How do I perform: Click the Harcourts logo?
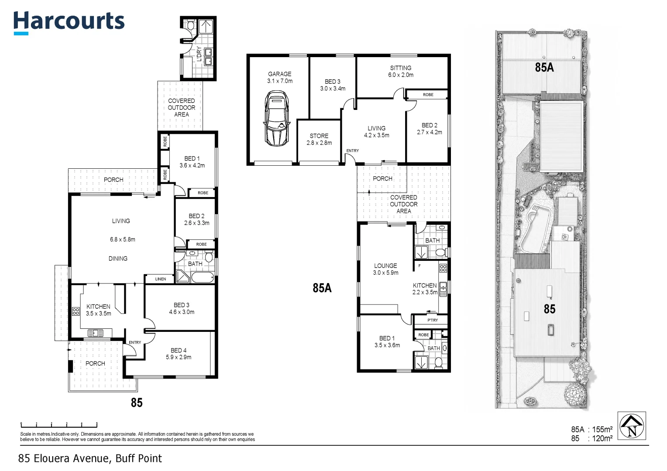tap(69, 23)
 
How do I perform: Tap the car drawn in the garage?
tap(277, 119)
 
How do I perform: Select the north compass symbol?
tap(632, 426)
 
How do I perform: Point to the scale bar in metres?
tap(59, 425)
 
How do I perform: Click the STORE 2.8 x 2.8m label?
tap(319, 139)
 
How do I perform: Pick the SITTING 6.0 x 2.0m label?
tap(400, 72)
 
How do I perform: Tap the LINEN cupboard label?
tap(161, 279)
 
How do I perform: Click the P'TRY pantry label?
tap(433, 320)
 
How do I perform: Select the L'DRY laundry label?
tap(199, 54)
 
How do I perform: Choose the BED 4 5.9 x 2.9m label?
tap(179, 354)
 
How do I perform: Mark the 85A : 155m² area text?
tap(591, 429)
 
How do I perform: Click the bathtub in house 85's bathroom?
tap(203, 277)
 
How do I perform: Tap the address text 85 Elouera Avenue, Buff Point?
tap(90, 458)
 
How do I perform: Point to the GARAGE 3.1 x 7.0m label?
tap(280, 77)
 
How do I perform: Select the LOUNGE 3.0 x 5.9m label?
tap(385, 269)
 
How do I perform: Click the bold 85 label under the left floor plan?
tap(137, 403)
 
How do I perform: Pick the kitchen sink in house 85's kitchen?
tap(95, 333)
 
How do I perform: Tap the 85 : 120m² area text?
tap(591, 438)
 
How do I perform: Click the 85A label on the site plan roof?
tap(544, 67)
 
